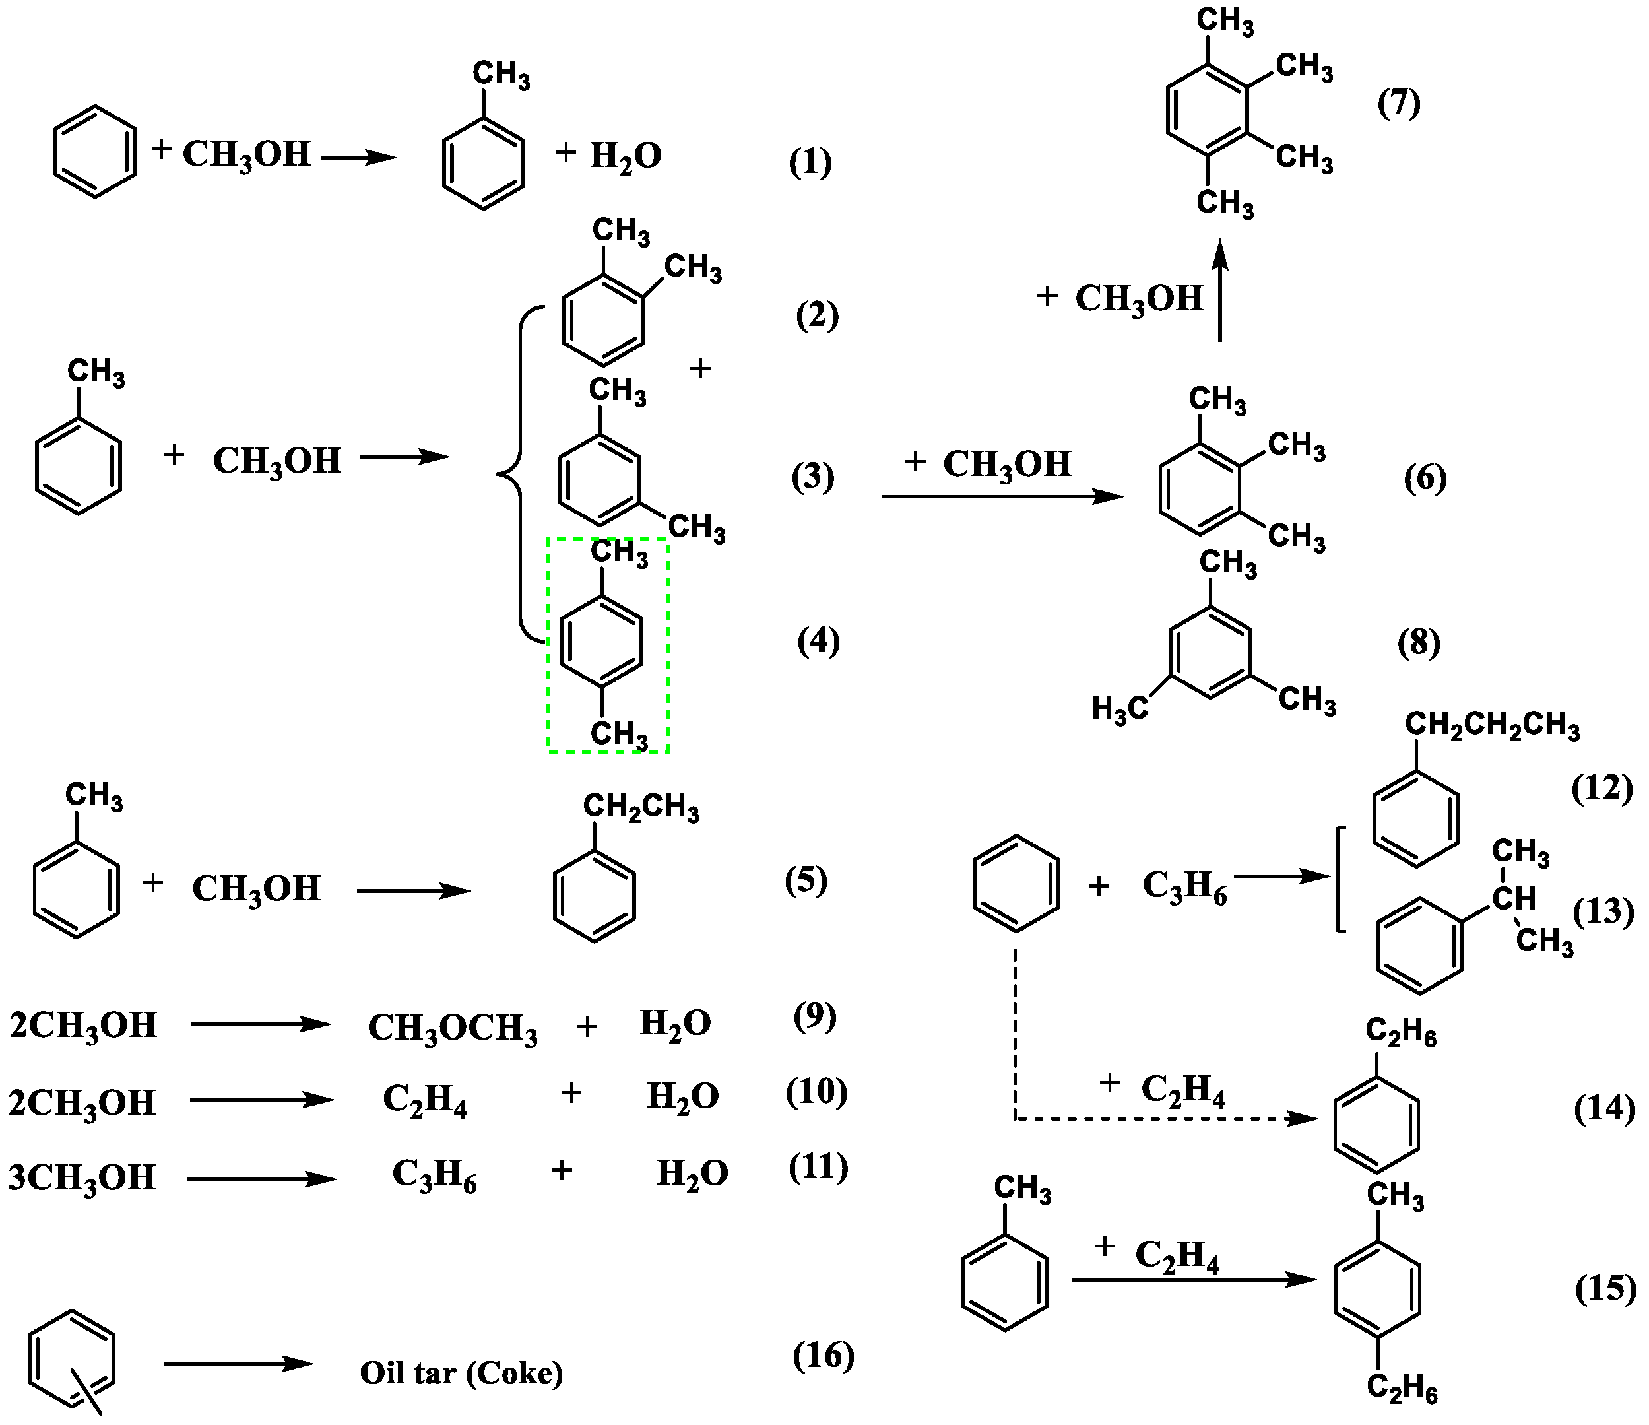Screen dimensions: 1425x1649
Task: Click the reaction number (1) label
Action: click(x=810, y=162)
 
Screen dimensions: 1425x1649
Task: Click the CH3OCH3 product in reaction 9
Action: click(x=452, y=1028)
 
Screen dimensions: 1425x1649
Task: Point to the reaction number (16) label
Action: click(x=823, y=1355)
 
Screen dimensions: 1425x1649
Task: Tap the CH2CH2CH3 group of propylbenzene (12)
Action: click(x=1491, y=726)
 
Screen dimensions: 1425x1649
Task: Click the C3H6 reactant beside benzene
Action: click(x=1184, y=885)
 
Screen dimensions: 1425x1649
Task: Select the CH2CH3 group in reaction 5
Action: click(x=641, y=808)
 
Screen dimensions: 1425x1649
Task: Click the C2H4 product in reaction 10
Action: click(x=424, y=1100)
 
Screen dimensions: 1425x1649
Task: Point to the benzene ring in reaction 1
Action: click(x=95, y=151)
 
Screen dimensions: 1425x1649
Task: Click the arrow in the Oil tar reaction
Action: click(x=239, y=1364)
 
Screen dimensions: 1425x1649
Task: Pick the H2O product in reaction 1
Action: click(x=626, y=155)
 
